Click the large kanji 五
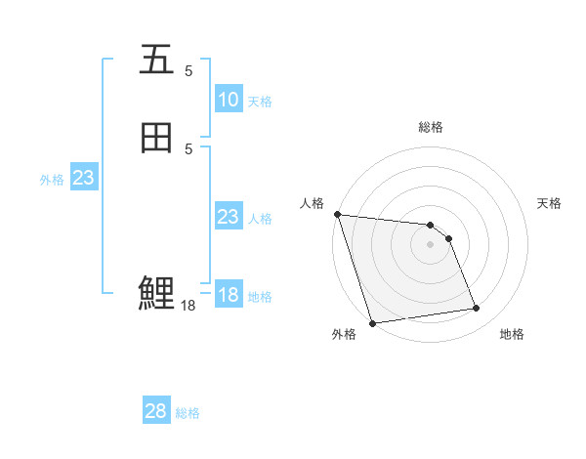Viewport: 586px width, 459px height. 156,61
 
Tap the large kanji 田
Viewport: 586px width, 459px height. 156,139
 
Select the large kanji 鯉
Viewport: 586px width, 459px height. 156,293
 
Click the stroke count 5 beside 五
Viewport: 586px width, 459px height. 188,70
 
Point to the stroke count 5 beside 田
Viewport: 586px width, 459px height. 188,148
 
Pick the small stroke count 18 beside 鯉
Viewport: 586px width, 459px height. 188,306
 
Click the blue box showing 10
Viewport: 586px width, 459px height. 229,100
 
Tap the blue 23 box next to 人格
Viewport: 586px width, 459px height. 229,217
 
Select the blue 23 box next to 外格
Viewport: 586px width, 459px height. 83,178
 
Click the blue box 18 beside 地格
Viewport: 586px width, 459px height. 229,295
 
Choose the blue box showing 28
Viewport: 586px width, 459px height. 155,411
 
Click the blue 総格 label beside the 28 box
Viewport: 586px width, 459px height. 188,413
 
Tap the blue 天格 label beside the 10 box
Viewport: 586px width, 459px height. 260,102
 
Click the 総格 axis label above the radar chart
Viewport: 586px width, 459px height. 430,127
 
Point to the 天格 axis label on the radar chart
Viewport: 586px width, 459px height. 549,203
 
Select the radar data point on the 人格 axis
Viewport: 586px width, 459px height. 337,214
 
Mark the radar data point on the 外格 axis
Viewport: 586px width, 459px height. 372,322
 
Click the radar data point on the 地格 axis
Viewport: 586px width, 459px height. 477,309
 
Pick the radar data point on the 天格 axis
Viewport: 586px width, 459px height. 449,238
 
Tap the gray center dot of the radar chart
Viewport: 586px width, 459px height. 430,244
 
